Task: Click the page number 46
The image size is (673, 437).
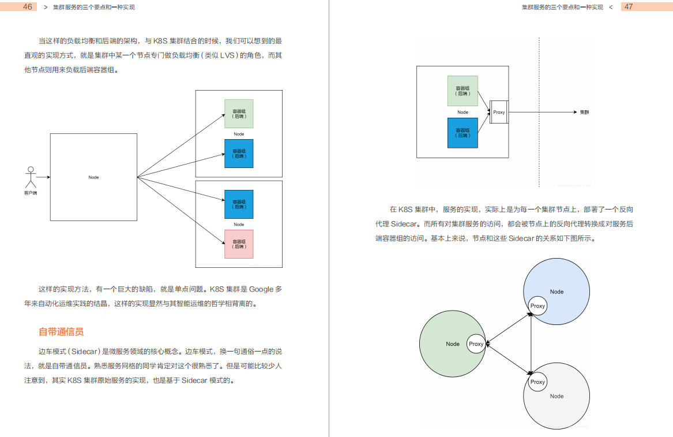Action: (x=27, y=7)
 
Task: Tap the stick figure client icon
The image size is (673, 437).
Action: (x=31, y=177)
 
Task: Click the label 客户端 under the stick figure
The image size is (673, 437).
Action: (x=31, y=192)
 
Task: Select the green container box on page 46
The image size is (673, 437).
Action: (x=239, y=113)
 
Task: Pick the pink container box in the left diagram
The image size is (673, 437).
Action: (x=239, y=244)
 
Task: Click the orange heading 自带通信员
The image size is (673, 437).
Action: (x=61, y=332)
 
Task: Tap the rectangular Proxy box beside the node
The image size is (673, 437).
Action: (x=499, y=112)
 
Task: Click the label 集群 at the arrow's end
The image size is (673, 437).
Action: (x=585, y=112)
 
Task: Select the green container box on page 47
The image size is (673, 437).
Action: (x=463, y=91)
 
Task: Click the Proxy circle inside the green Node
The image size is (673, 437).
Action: (x=476, y=344)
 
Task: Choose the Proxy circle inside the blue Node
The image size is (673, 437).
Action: (x=537, y=306)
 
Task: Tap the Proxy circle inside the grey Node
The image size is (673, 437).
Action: (x=537, y=382)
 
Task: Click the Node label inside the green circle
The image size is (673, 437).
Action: (x=453, y=344)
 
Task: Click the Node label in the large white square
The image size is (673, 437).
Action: (x=93, y=177)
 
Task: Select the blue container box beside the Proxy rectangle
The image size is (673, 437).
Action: (x=463, y=133)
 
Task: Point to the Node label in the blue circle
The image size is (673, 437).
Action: (x=557, y=292)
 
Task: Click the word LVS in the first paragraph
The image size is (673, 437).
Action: (x=230, y=55)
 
